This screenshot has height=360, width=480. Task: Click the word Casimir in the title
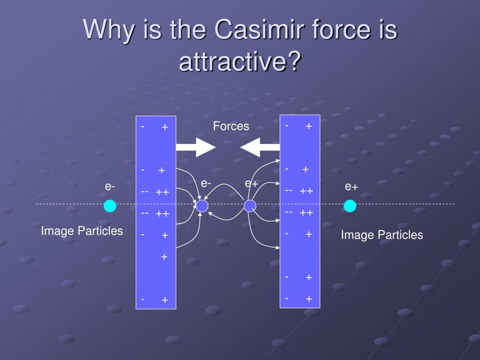tap(255, 30)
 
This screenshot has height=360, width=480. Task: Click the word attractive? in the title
tap(239, 62)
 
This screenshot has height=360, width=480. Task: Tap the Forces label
tap(231, 126)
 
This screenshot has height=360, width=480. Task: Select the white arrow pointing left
tap(260, 147)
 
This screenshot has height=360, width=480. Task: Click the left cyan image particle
tap(110, 206)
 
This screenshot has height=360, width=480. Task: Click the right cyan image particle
tap(350, 206)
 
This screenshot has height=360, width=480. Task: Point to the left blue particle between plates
tap(202, 206)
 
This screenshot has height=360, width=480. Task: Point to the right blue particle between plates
tap(250, 206)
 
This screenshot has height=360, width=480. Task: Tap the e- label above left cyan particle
tap(110, 187)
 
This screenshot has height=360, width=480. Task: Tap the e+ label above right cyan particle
tap(352, 187)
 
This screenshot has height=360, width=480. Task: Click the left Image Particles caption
tap(82, 231)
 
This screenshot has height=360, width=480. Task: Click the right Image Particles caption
tap(382, 235)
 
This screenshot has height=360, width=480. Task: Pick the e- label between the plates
tap(206, 183)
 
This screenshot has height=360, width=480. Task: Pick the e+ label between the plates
tap(251, 184)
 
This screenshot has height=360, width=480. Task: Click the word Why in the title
tap(107, 30)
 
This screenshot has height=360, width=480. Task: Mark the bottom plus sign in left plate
tap(165, 300)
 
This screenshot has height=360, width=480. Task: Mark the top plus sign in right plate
tap(309, 126)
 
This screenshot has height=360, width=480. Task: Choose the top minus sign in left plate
tap(143, 126)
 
